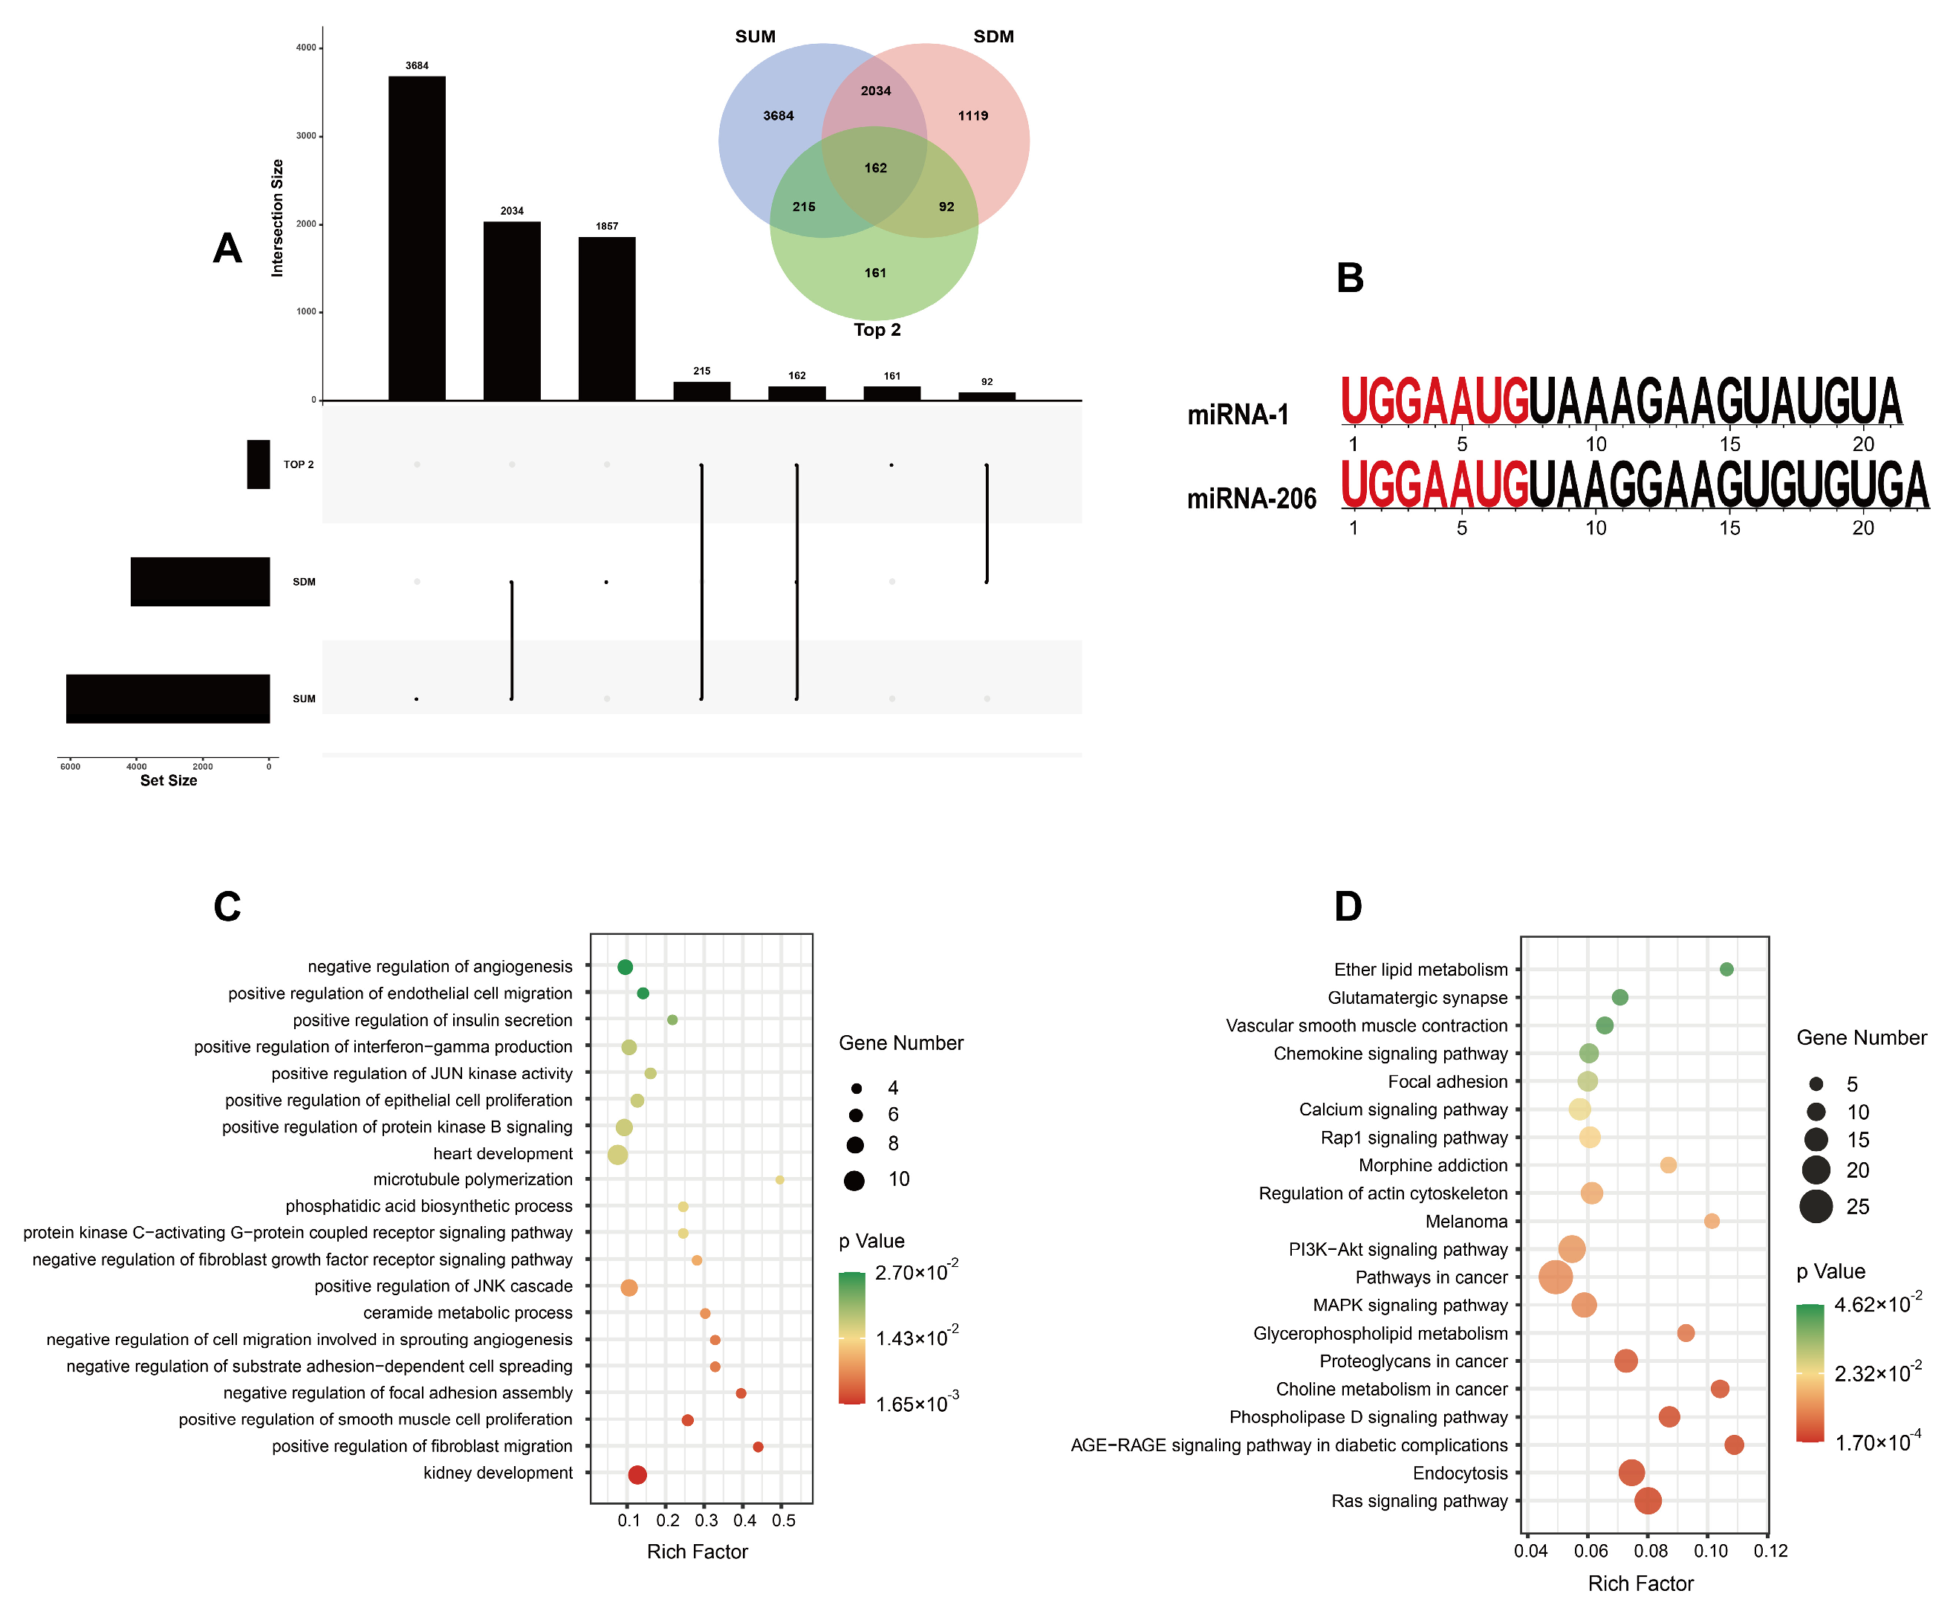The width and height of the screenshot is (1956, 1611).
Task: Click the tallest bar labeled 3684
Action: (x=417, y=238)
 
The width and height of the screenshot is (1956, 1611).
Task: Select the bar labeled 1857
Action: (x=607, y=318)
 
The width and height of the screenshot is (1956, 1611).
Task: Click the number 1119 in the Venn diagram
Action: (x=972, y=116)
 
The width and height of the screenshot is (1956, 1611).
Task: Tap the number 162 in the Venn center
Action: (x=875, y=168)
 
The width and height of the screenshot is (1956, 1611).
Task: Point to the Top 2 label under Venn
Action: (x=877, y=329)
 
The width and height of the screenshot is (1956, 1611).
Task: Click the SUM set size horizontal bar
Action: (x=168, y=698)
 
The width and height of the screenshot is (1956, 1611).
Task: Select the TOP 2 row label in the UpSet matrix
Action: (x=299, y=464)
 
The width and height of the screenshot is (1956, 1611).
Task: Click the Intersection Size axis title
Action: (x=276, y=218)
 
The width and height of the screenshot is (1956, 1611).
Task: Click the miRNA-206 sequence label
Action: (x=1251, y=499)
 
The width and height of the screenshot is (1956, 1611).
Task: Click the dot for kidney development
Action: (x=637, y=1474)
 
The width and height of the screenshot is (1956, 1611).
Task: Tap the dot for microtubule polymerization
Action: (x=779, y=1179)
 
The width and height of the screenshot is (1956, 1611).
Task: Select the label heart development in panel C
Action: (x=503, y=1153)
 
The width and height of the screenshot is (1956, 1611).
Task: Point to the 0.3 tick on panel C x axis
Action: (x=706, y=1520)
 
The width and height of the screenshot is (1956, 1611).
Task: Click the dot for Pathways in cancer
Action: (x=1555, y=1277)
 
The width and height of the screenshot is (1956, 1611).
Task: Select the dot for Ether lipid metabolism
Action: (x=1726, y=969)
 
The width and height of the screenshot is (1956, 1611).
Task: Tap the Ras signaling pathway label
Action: (x=1419, y=1500)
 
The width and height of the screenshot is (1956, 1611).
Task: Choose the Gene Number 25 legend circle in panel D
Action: (x=1815, y=1207)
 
